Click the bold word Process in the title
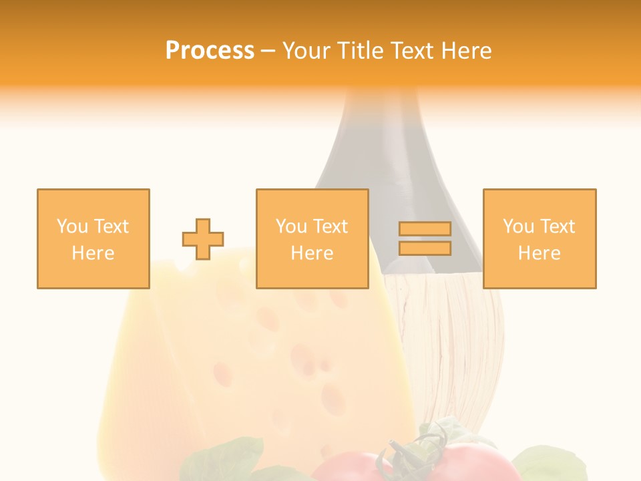210,51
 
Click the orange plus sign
203,239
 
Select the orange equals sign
425,238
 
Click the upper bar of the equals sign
425,229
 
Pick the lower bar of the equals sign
425,249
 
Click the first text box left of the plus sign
93,238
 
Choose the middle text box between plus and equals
312,238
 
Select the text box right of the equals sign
539,238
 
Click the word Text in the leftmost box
111,226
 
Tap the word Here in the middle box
312,253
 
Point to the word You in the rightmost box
518,226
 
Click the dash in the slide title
268,51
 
